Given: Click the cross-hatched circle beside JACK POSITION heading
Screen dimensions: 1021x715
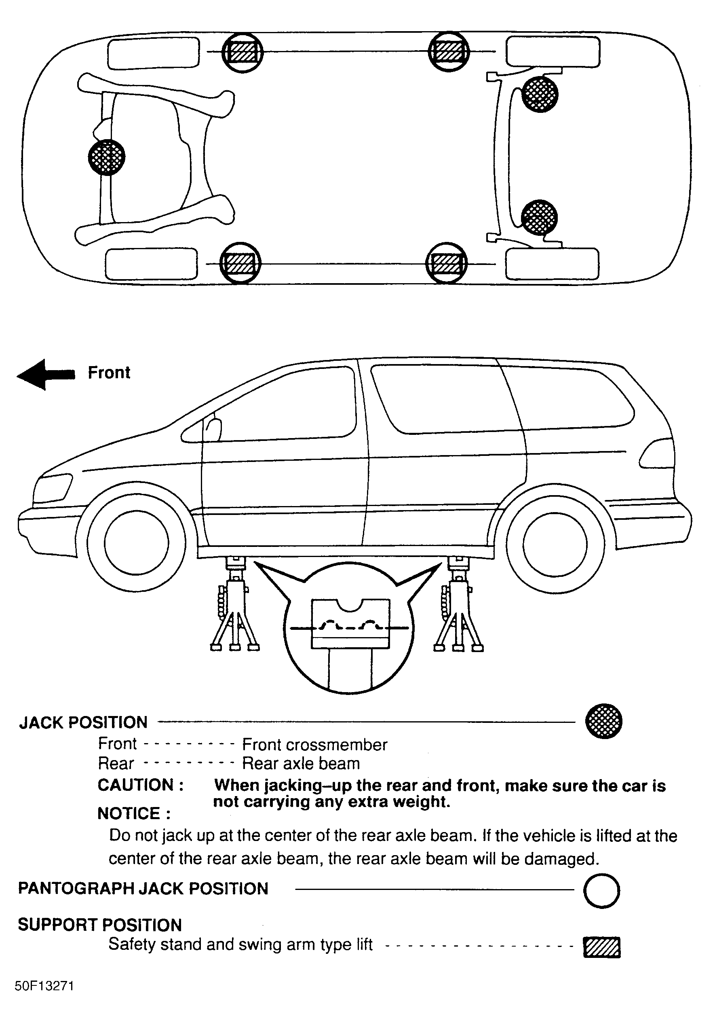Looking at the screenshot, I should [603, 721].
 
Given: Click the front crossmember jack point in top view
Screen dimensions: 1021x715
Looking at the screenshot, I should [107, 157].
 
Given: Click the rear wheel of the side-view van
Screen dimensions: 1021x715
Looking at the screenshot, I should [555, 543].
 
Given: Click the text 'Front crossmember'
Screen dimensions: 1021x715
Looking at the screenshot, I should [314, 745].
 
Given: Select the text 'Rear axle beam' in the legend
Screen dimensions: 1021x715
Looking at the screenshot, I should [301, 764].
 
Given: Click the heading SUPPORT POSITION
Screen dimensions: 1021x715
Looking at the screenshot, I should [99, 925].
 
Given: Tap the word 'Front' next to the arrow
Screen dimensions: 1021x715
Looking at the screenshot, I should [109, 373].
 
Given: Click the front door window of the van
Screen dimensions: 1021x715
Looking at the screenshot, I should [285, 407].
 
